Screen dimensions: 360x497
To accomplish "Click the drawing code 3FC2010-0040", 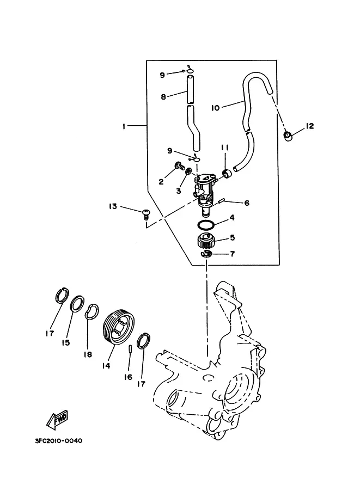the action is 59,441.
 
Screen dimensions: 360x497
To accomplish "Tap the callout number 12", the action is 309,126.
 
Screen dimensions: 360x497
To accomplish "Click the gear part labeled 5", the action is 206,242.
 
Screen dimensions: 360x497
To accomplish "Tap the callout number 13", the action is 113,206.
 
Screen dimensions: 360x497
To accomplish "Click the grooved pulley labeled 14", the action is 119,326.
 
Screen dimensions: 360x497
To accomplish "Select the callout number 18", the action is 88,354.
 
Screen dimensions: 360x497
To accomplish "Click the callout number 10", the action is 215,108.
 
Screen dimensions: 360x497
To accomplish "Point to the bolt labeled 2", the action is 179,165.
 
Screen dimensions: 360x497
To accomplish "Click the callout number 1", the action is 124,126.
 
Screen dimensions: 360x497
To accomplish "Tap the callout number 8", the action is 163,96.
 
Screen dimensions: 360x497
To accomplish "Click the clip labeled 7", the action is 206,253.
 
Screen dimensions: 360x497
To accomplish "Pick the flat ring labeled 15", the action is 77,304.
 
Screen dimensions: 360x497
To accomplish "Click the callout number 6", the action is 247,203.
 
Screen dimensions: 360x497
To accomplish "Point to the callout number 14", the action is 106,365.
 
